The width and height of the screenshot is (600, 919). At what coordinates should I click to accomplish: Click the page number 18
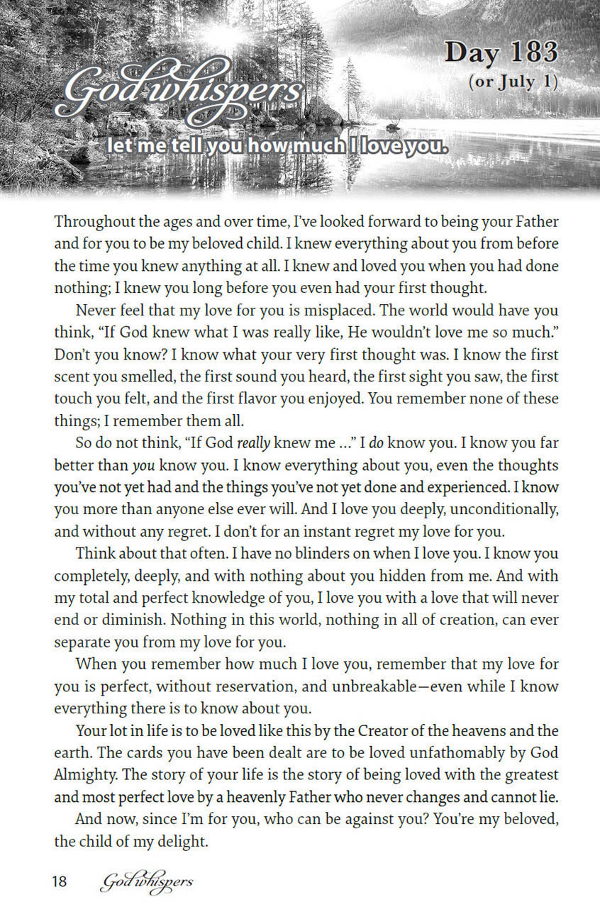(x=59, y=882)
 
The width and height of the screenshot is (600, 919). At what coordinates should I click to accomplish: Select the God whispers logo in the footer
(x=147, y=882)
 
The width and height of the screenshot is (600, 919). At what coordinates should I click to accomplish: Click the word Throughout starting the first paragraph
(x=91, y=221)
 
